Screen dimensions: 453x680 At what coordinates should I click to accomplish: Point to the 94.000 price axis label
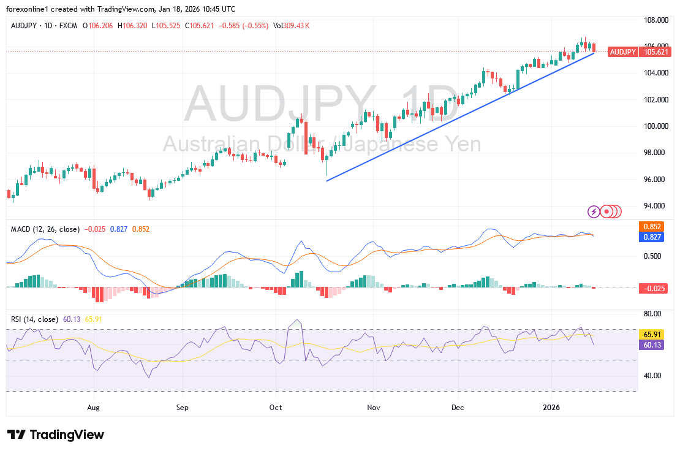click(656, 206)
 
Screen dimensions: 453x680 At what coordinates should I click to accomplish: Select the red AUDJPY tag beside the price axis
click(622, 52)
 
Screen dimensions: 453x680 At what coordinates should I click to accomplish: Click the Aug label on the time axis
click(93, 406)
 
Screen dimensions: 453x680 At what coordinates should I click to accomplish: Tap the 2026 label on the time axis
click(551, 406)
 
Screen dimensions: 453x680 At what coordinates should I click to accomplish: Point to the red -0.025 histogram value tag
click(652, 288)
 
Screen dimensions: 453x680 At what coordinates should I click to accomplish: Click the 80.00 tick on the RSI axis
click(654, 314)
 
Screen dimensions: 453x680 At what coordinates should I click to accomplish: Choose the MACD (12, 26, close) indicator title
click(45, 229)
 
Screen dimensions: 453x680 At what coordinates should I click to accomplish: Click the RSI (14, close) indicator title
click(35, 319)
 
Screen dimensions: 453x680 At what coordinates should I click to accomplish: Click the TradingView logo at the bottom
click(56, 435)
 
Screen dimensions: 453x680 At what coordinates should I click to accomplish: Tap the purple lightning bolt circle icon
click(594, 211)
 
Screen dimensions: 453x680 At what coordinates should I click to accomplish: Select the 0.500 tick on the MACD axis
click(654, 256)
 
